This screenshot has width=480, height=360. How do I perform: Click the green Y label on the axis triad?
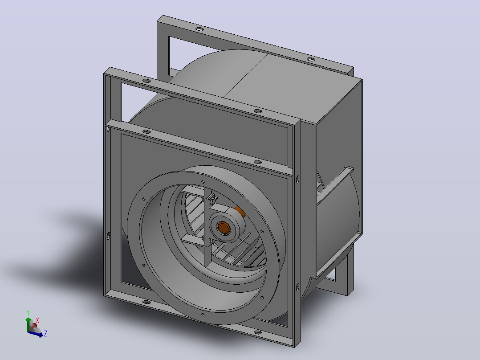pyautogui.click(x=28, y=313)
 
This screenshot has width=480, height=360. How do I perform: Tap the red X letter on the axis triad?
pyautogui.click(x=37, y=320)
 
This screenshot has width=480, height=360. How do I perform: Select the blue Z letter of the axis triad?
pyautogui.click(x=45, y=333)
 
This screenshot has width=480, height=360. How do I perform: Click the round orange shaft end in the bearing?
pyautogui.click(x=224, y=228)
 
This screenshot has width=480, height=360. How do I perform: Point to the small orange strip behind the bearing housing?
pyautogui.click(x=240, y=211)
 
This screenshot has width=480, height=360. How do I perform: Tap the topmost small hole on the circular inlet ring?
pyautogui.click(x=203, y=182)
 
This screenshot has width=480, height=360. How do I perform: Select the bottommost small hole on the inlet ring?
pyautogui.click(x=203, y=315)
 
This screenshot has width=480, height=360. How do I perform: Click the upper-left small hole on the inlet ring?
pyautogui.click(x=144, y=199)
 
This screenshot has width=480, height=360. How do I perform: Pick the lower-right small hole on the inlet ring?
pyautogui.click(x=262, y=297)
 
